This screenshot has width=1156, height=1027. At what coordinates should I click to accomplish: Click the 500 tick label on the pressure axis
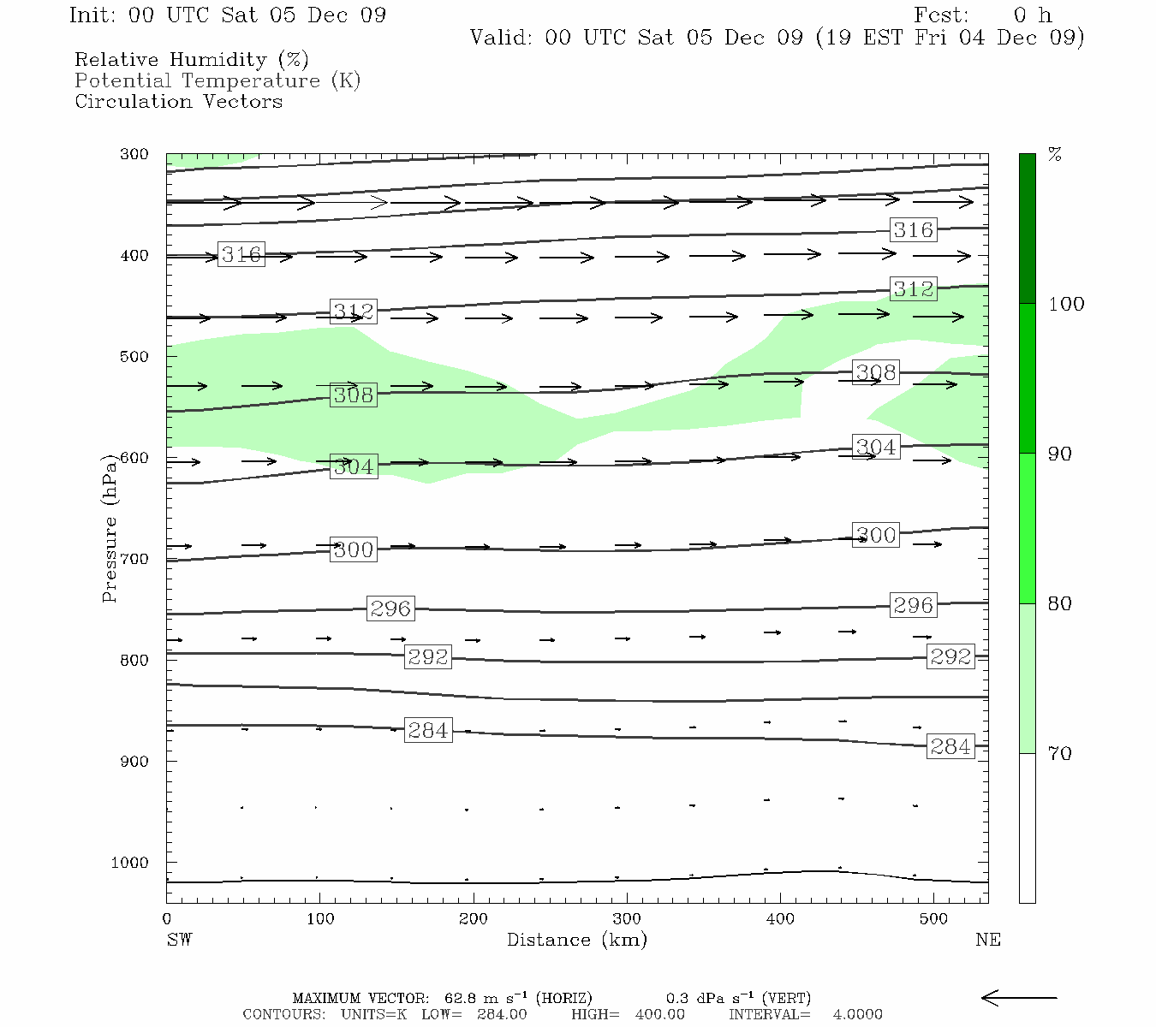click(134, 357)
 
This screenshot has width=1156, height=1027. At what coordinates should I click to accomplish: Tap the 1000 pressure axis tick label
click(130, 863)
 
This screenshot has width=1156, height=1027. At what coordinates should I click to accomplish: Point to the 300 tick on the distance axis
click(627, 919)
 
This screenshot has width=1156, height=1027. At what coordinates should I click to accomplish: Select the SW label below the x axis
click(179, 940)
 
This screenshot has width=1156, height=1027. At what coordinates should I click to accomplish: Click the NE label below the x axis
click(987, 940)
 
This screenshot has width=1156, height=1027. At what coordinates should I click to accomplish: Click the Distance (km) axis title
click(576, 940)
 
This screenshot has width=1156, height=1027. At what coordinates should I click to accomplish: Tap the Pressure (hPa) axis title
click(110, 528)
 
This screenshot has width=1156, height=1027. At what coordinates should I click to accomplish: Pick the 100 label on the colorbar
click(1066, 304)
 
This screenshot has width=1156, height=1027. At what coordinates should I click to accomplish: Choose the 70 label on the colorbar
click(1060, 754)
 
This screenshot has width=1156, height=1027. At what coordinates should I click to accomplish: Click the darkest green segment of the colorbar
click(1027, 229)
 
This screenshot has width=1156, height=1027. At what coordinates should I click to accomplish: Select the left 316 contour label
click(241, 254)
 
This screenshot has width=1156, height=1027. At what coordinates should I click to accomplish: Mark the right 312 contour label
click(913, 289)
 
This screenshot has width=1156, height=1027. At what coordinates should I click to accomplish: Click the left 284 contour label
click(428, 731)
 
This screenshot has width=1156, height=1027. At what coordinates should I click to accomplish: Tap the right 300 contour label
click(876, 535)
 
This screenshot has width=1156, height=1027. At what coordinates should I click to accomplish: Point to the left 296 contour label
click(390, 608)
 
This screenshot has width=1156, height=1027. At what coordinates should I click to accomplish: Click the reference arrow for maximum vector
click(1018, 998)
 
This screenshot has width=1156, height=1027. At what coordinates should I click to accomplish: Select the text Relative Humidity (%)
click(191, 60)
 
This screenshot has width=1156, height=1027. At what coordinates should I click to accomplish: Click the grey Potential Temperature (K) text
click(217, 81)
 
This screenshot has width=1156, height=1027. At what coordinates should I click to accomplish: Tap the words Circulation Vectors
click(178, 102)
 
